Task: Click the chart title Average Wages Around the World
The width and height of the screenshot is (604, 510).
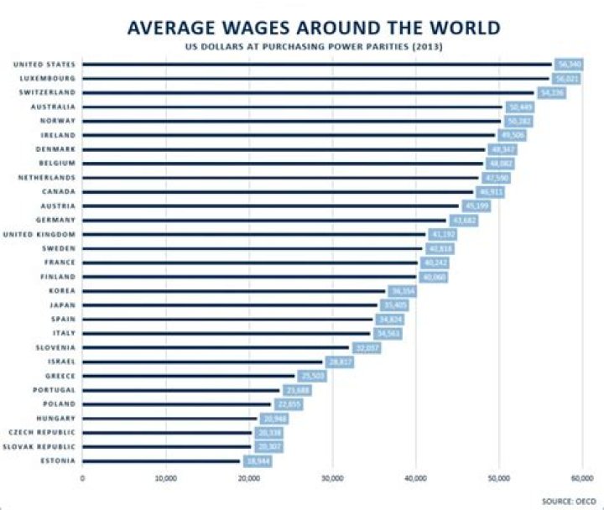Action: pyautogui.click(x=314, y=28)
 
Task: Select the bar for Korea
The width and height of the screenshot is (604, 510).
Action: pyautogui.click(x=234, y=291)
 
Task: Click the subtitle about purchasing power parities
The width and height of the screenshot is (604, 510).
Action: pyautogui.click(x=314, y=46)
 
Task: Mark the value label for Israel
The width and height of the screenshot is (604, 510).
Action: pyautogui.click(x=339, y=362)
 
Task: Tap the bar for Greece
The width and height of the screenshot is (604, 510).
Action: pyautogui.click(x=189, y=376)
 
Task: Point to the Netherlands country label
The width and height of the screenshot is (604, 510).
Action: pyautogui.click(x=46, y=178)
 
